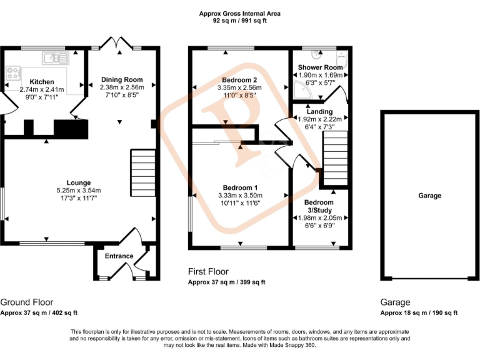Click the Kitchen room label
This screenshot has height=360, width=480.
(41, 82)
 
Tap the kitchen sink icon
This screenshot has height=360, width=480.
(56, 58)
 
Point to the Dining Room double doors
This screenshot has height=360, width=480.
(116, 42)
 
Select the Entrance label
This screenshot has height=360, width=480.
(119, 256)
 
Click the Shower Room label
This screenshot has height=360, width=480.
(320, 67)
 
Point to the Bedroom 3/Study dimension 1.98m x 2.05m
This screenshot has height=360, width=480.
(319, 217)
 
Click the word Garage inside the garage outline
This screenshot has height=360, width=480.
(430, 196)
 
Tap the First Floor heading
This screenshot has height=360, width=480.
(209, 272)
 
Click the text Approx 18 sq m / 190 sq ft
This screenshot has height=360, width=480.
(419, 313)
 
